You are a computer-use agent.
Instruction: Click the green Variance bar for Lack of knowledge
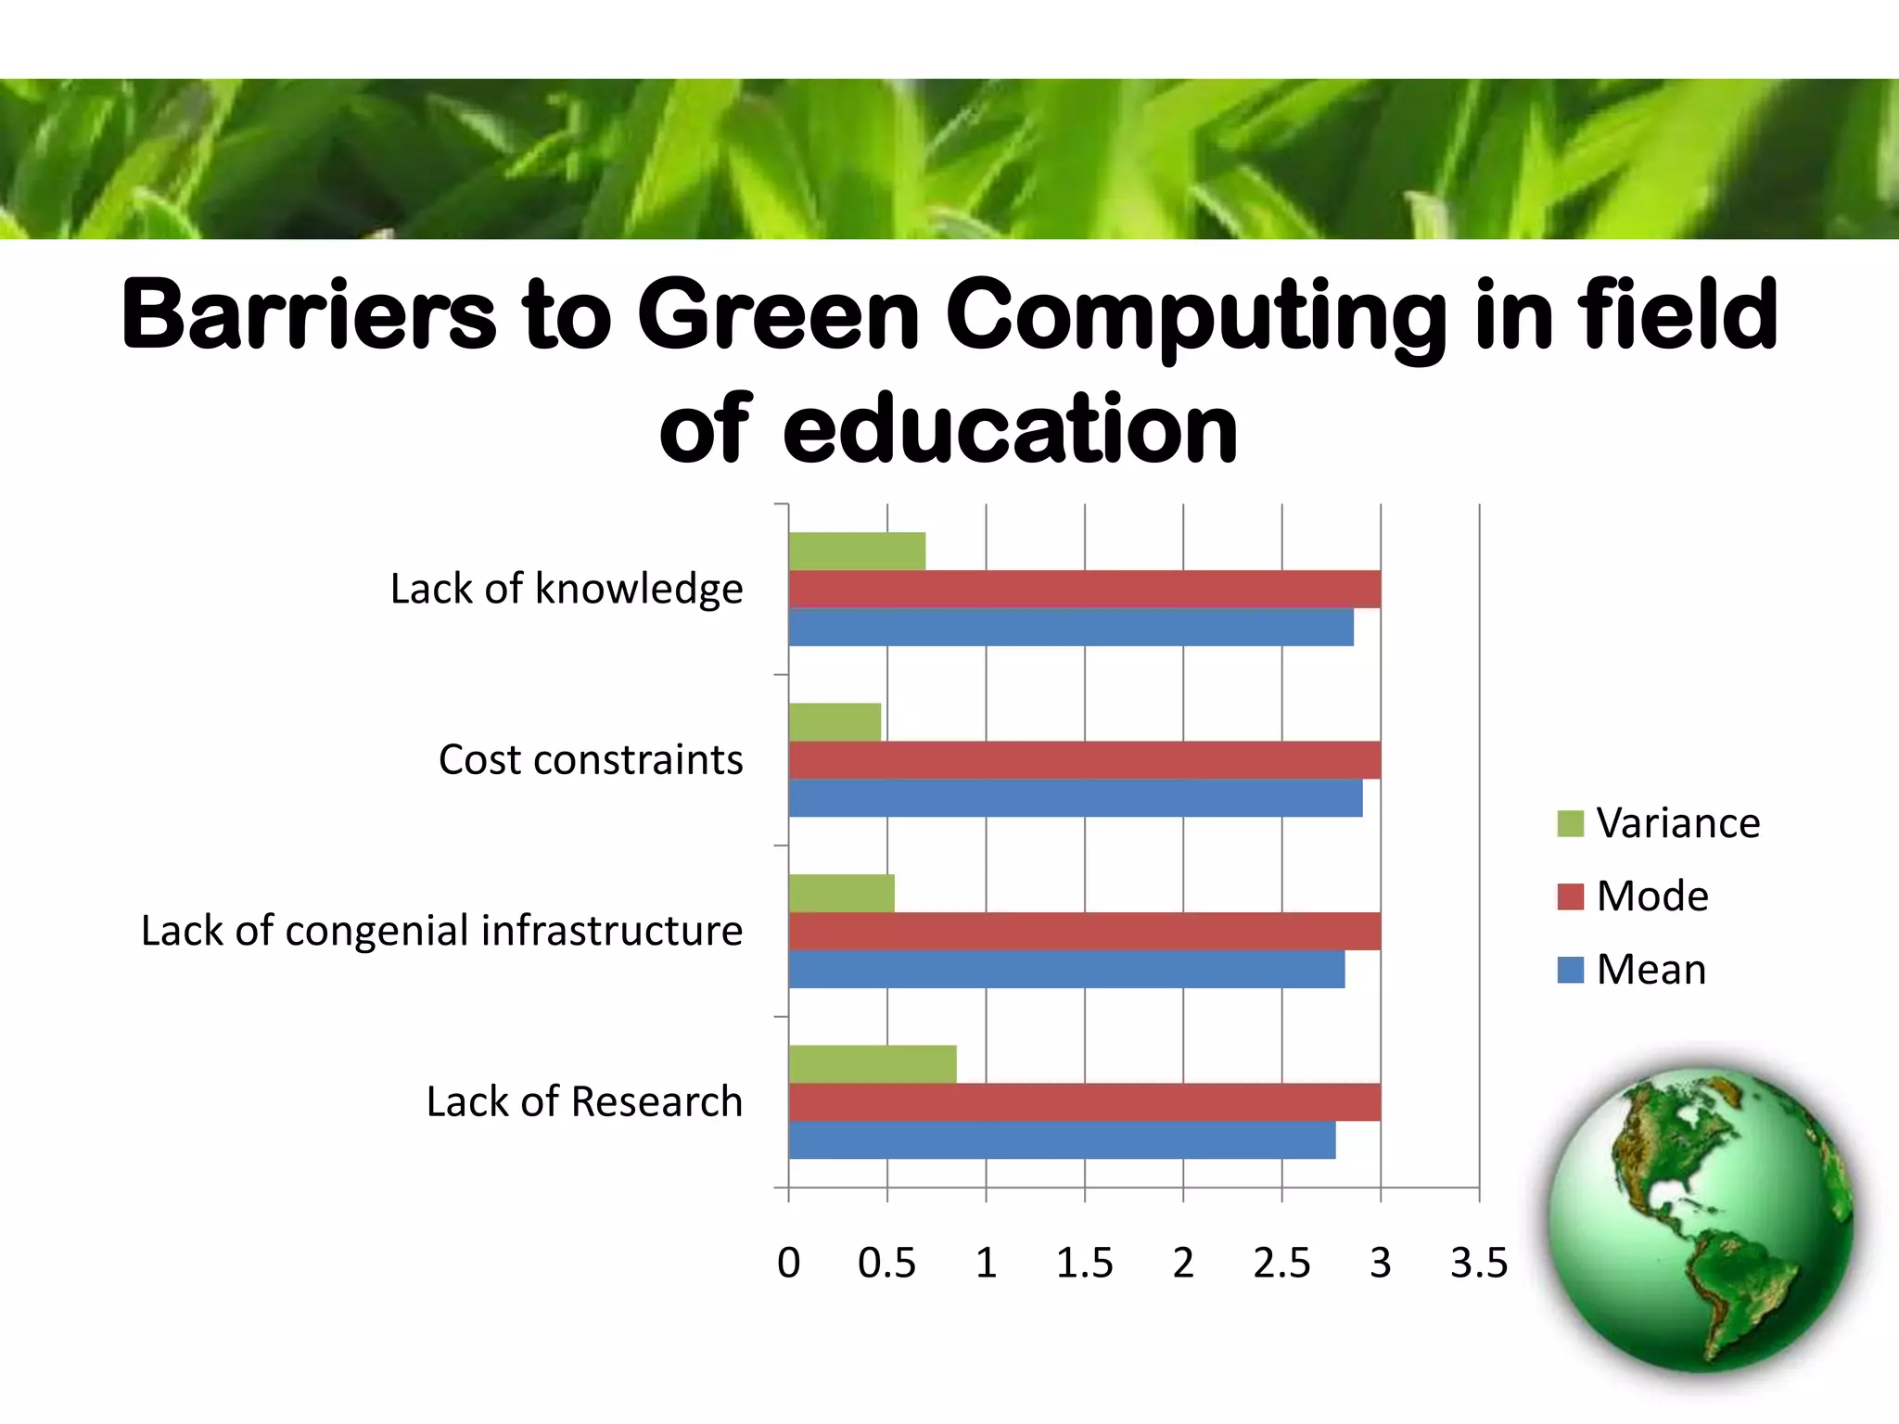tap(857, 552)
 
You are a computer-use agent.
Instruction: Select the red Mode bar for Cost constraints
tap(1084, 760)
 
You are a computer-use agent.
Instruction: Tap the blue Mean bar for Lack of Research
tap(1062, 1140)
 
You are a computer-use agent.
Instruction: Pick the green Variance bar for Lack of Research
tap(873, 1064)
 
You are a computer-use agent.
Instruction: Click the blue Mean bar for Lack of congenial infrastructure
tap(1066, 970)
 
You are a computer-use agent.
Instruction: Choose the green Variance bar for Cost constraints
tap(835, 722)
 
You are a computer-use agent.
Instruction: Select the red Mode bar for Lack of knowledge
tap(1084, 590)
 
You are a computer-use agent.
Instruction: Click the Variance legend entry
tap(1659, 823)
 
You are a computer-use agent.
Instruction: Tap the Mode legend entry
tap(1634, 896)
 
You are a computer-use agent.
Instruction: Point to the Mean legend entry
tap(1632, 970)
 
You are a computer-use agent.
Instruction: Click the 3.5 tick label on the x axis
tap(1479, 1264)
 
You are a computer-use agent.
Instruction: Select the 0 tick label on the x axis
tap(788, 1264)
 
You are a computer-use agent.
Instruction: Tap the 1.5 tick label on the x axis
tap(1084, 1264)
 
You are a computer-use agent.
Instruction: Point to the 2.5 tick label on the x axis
tap(1281, 1264)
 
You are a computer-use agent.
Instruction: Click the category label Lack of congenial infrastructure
tap(441, 931)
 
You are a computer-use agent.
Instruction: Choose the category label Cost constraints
tap(591, 760)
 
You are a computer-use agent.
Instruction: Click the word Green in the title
tap(778, 315)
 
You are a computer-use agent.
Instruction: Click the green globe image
tap(1700, 1218)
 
